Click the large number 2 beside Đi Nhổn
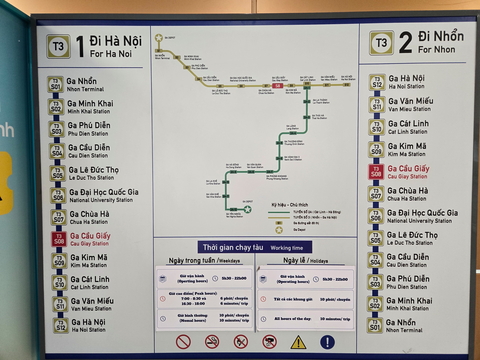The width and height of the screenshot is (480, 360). pos(405,42)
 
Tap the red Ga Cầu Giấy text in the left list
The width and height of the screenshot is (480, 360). pos(89,239)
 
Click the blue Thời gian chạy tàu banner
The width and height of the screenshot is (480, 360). pos(256,247)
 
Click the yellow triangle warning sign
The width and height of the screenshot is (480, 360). pos(298,342)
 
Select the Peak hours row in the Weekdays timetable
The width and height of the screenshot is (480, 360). pos(204,298)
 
